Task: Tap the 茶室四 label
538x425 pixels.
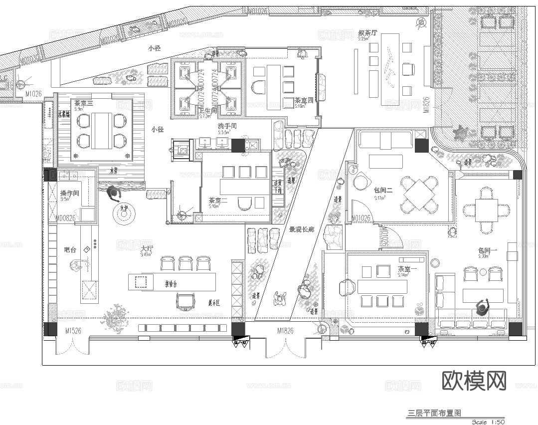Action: click(x=304, y=100)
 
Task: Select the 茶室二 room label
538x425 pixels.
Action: click(x=218, y=201)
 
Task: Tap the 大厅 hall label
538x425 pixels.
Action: click(x=147, y=248)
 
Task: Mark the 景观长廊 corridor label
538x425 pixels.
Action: click(x=302, y=230)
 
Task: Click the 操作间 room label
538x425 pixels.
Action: click(x=69, y=193)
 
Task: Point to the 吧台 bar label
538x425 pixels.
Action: click(x=70, y=249)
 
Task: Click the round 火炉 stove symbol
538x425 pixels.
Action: click(x=123, y=214)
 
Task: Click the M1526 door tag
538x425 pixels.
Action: click(x=73, y=331)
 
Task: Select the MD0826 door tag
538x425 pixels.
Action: click(x=65, y=218)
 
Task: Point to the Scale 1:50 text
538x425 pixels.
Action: click(x=488, y=422)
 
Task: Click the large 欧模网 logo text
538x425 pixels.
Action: click(x=474, y=381)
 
